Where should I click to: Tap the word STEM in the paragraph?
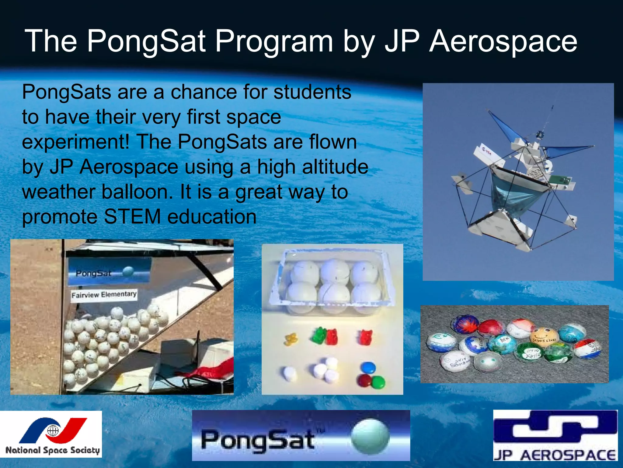coord(132,217)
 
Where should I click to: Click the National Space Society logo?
coord(51,434)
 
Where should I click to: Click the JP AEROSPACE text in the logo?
coord(555,455)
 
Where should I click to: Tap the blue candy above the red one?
coord(368,368)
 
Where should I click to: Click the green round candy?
coord(378,382)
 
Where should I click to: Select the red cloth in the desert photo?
coord(213,369)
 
